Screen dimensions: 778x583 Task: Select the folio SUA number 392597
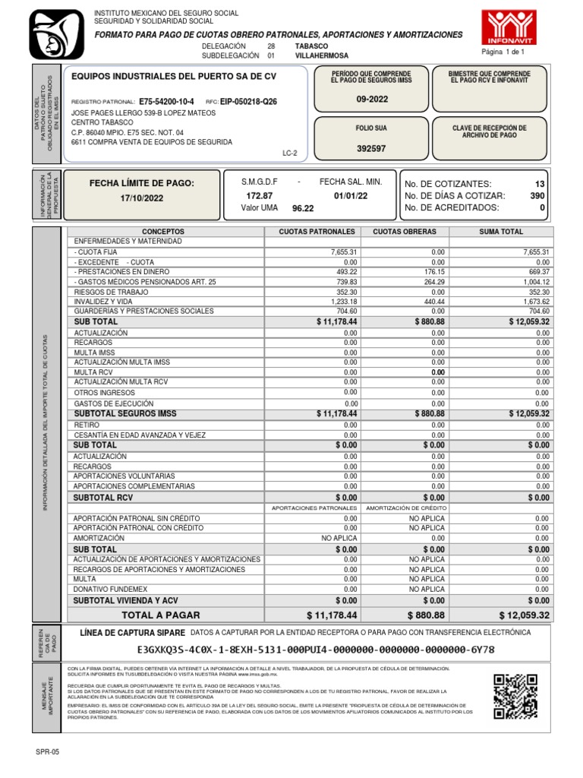click(371, 149)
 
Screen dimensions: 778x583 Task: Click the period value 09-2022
click(371, 100)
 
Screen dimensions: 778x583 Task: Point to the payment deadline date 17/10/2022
click(142, 198)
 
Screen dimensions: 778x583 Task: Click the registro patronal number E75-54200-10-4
click(166, 102)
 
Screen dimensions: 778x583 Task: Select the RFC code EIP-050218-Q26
click(248, 102)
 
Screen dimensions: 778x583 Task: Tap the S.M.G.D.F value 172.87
click(257, 195)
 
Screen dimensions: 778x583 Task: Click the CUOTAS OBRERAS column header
click(405, 231)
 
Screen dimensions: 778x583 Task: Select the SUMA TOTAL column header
click(500, 231)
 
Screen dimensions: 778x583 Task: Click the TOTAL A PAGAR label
click(161, 615)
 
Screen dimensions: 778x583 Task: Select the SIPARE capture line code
click(316, 650)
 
